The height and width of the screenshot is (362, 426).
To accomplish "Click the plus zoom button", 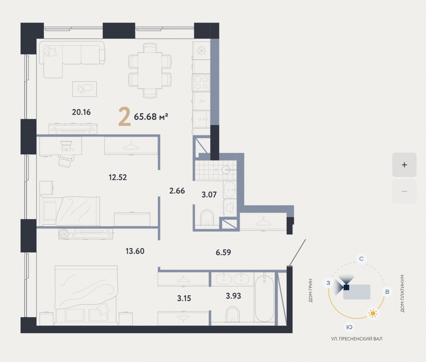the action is click(404, 165).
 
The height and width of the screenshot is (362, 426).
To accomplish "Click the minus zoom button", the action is click(404, 191).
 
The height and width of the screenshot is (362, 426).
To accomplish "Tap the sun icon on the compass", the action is click(373, 313).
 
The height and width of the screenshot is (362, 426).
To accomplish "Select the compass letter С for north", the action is click(361, 259).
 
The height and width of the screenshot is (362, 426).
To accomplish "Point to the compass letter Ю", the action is click(349, 327).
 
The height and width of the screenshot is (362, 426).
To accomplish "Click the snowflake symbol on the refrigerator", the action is click(201, 51).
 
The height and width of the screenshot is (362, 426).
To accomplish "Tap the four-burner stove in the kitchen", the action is click(201, 83).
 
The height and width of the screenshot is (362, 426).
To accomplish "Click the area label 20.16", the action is click(81, 112).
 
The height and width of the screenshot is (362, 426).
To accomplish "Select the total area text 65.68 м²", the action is click(151, 117).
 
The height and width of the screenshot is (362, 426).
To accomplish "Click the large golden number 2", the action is click(124, 116).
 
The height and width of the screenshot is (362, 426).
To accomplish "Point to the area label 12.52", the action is click(118, 177).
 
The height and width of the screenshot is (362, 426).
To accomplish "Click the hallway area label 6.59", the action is click(223, 252).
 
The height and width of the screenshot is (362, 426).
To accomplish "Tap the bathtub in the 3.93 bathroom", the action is click(264, 298).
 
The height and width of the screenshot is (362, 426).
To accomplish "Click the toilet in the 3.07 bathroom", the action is click(207, 218).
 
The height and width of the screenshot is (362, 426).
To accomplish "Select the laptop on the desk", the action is click(66, 146).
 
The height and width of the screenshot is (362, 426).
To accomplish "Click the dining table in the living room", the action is click(150, 70).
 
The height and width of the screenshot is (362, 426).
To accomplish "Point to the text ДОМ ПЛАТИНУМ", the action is click(402, 294).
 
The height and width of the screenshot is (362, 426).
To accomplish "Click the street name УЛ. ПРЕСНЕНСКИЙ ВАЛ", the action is click(357, 339).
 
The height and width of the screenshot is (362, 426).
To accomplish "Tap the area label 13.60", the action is click(135, 251).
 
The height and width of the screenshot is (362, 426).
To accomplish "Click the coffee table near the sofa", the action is click(84, 89).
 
